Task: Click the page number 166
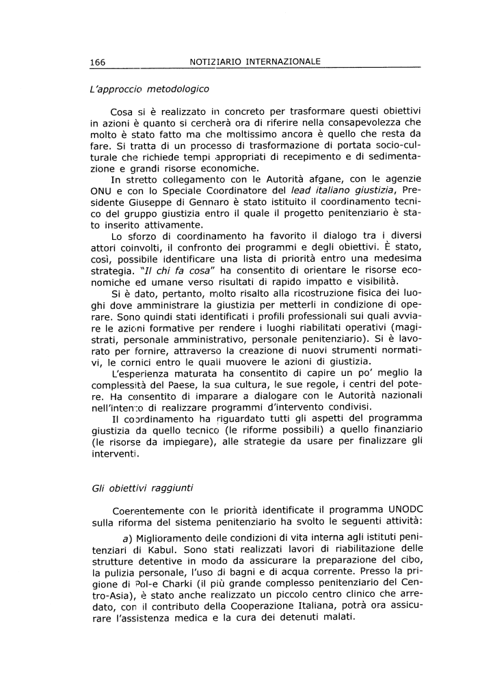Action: [97, 62]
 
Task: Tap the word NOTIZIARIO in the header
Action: [217, 62]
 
